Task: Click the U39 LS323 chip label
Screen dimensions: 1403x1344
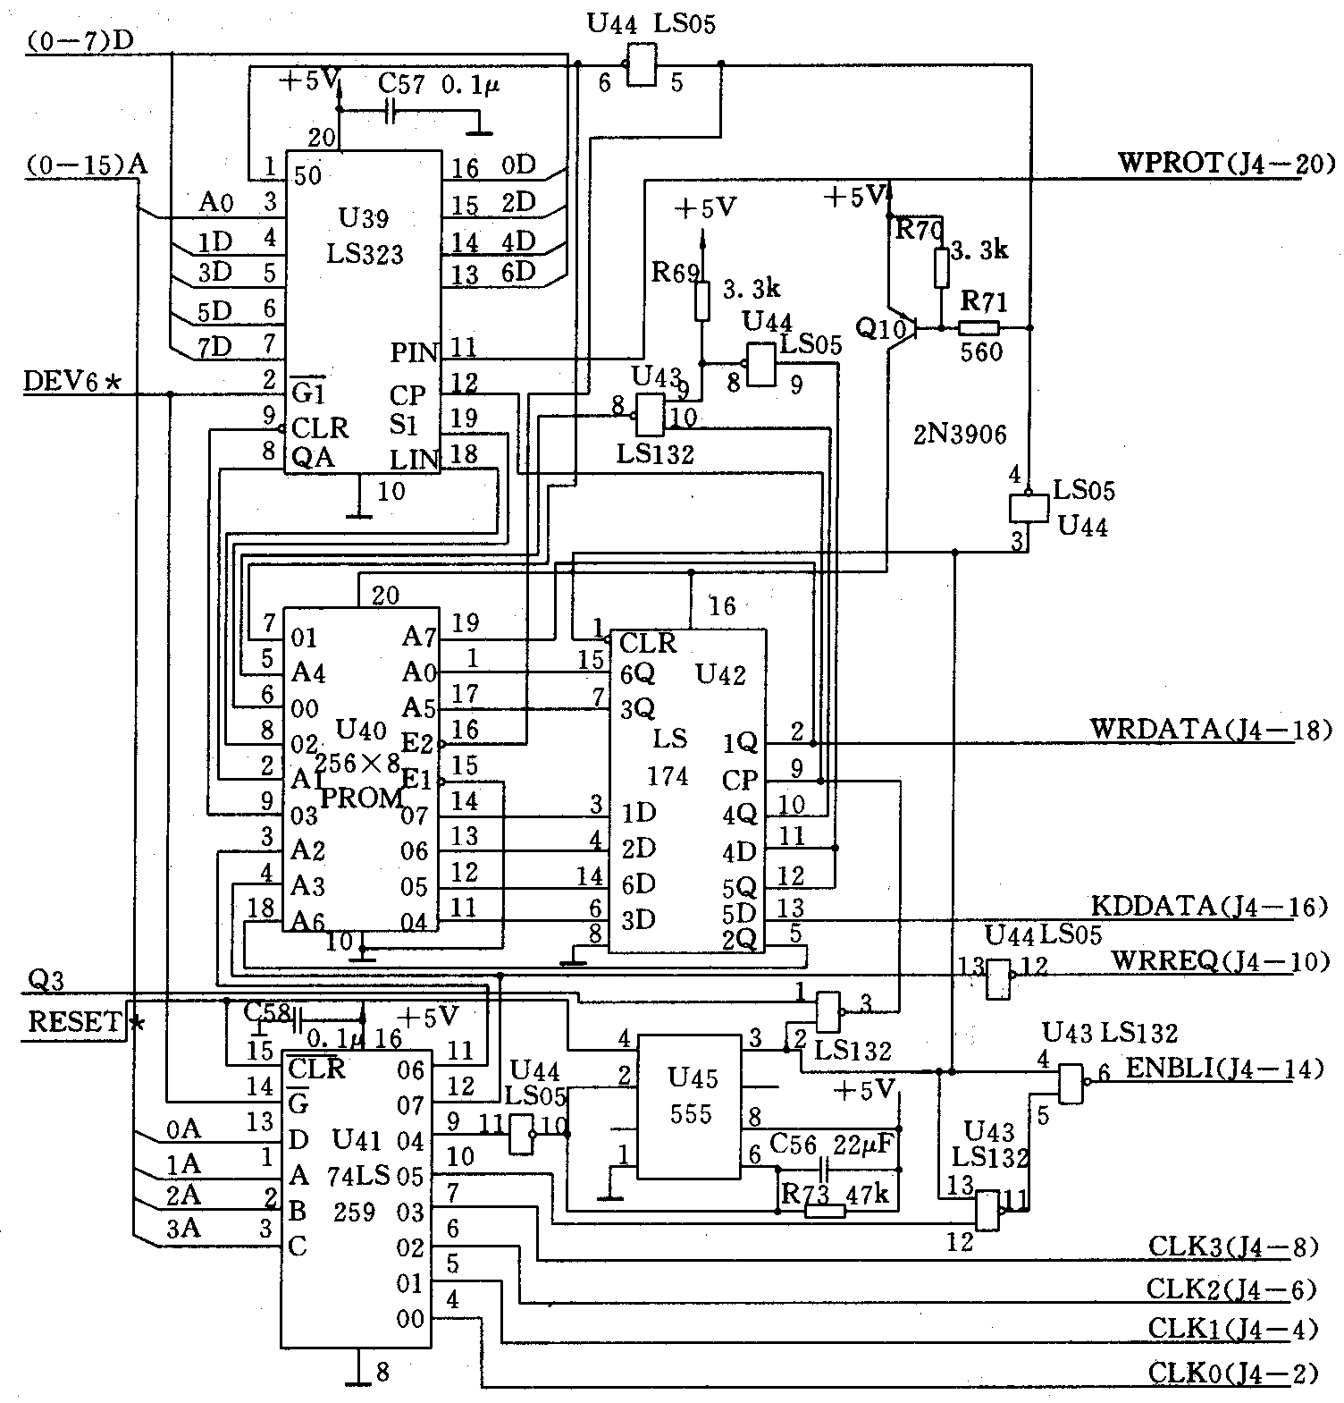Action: [365, 236]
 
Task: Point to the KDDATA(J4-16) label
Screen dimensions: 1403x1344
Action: [1209, 907]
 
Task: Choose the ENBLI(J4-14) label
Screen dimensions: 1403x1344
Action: [1223, 1069]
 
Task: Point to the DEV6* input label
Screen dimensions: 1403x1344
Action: [72, 382]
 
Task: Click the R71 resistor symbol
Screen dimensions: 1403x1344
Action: [979, 328]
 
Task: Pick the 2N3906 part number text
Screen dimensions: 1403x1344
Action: [959, 435]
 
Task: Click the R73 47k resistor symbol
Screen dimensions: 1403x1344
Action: [825, 1212]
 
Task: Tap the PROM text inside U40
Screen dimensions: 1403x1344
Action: [361, 799]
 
